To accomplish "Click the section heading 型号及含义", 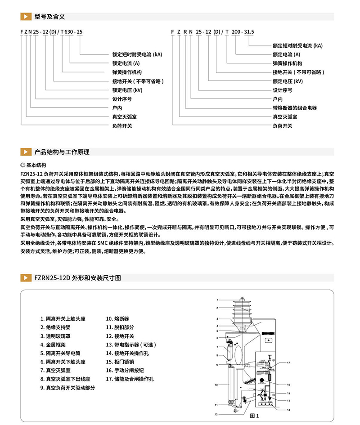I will (x=49, y=17).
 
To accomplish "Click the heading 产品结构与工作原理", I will (x=62, y=152).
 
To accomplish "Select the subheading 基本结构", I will (x=36, y=165).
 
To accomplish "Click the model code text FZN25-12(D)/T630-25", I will (x=51, y=32).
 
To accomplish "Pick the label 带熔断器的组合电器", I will (x=294, y=108).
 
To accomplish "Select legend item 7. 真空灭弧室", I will (x=55, y=370).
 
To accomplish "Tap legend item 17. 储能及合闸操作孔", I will (x=130, y=379).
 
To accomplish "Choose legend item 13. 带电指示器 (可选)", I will (x=130, y=344).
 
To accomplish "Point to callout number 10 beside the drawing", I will (x=216, y=385).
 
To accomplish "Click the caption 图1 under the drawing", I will (x=254, y=416).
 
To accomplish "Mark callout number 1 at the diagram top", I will (x=217, y=300).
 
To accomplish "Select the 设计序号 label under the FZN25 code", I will (x=121, y=99).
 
